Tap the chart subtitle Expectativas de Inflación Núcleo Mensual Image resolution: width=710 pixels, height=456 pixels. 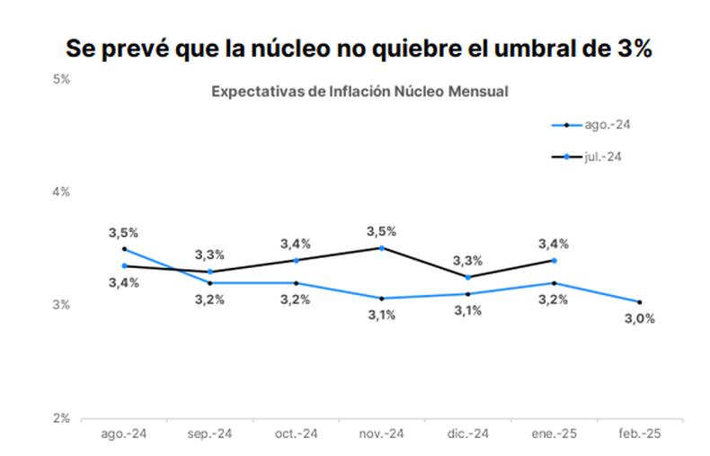359,92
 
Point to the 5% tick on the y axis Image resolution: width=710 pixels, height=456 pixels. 61,79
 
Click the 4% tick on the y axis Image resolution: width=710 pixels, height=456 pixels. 61,192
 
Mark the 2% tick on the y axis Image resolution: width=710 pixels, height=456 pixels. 61,418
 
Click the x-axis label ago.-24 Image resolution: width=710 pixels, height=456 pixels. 124,434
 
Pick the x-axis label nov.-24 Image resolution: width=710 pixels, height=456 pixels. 382,434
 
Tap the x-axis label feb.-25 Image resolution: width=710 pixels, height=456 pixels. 640,434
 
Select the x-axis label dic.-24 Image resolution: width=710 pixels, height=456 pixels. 468,434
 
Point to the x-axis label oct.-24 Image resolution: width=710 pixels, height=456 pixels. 296,434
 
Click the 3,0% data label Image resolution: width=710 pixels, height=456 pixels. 640,318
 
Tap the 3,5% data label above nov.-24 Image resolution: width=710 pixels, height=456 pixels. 382,231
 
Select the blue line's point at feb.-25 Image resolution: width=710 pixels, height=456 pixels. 640,302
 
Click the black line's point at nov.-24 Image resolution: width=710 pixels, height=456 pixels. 382,247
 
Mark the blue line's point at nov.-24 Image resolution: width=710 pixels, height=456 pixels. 382,298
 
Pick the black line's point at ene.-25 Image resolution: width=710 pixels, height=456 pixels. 554,260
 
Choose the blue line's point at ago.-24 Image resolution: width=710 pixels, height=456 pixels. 124,249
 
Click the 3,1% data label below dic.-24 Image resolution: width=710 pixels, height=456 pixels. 468,310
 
